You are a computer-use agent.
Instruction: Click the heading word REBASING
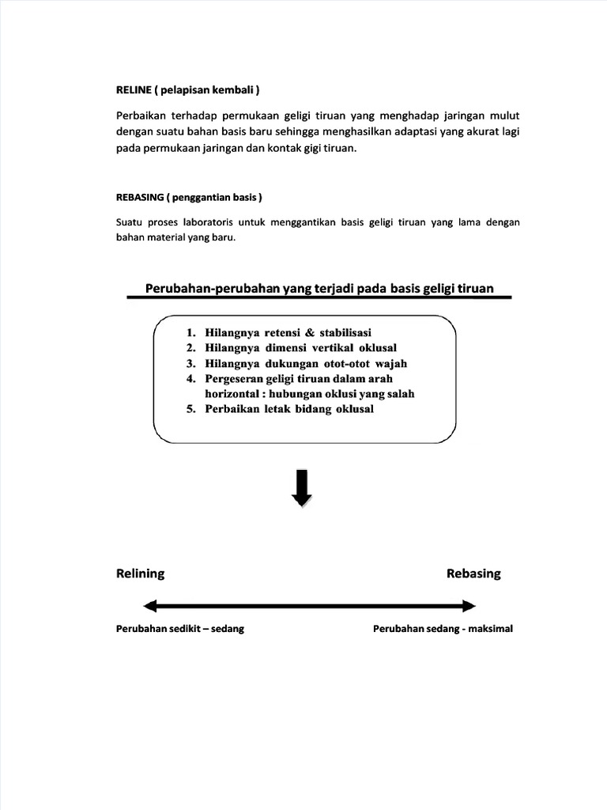click(x=141, y=196)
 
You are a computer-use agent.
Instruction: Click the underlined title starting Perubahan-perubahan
click(x=319, y=289)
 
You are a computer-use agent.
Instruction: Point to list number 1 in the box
click(x=191, y=332)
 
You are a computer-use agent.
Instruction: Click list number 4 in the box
click(x=191, y=379)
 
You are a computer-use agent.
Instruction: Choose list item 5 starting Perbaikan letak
click(x=288, y=410)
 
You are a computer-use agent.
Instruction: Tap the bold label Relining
click(x=141, y=573)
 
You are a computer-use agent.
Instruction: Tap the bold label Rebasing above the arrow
click(x=473, y=573)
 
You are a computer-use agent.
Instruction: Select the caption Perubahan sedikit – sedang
click(x=179, y=630)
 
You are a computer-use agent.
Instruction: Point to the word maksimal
click(x=489, y=630)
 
